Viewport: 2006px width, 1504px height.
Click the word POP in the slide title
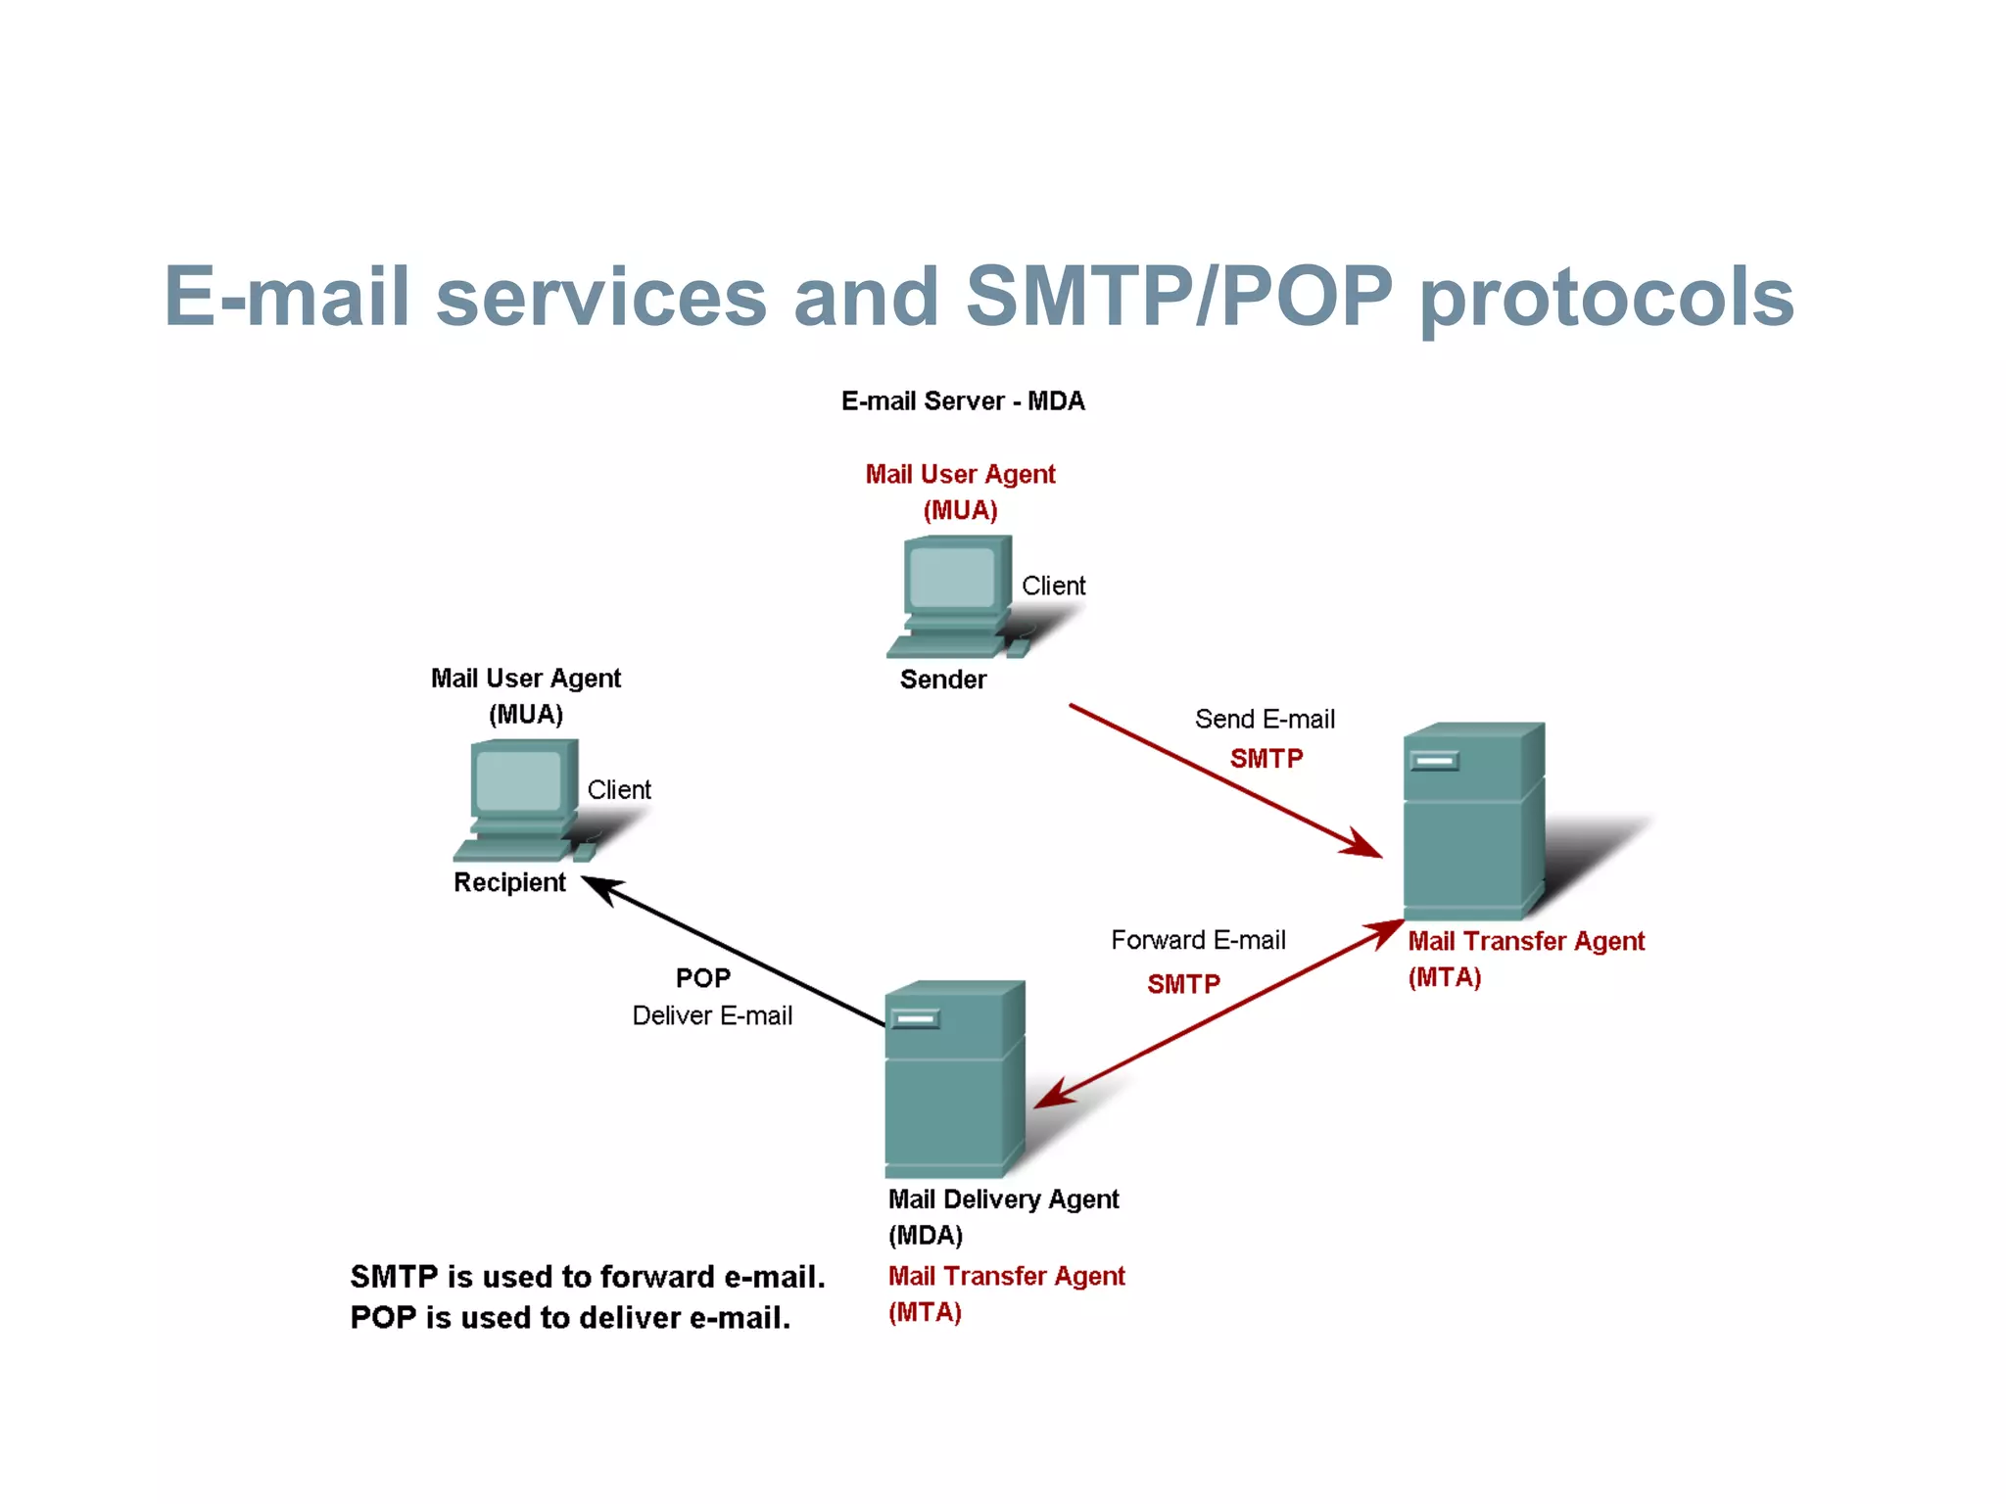pyautogui.click(x=1307, y=296)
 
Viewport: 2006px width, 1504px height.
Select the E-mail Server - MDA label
pyautogui.click(x=963, y=401)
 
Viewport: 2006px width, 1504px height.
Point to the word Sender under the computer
pyautogui.click(x=942, y=680)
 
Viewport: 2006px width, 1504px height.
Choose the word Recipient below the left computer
pyautogui.click(x=509, y=882)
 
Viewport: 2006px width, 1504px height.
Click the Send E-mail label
pyautogui.click(x=1265, y=720)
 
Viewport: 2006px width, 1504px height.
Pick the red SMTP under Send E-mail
pyautogui.click(x=1266, y=759)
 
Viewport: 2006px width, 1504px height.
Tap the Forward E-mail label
pyautogui.click(x=1198, y=940)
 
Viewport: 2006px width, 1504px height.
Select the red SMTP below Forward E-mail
pyautogui.click(x=1183, y=984)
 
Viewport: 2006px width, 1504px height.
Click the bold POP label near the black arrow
pyautogui.click(x=703, y=978)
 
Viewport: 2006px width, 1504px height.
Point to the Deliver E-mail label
pyautogui.click(x=712, y=1015)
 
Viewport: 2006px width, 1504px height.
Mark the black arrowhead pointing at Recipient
pyautogui.click(x=599, y=886)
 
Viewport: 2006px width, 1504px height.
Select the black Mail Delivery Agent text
pyautogui.click(x=1003, y=1199)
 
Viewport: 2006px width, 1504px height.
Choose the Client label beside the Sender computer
pyautogui.click(x=1053, y=586)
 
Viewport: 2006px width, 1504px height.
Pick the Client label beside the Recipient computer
pyautogui.click(x=619, y=790)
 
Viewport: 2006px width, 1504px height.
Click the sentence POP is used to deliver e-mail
pyautogui.click(x=570, y=1318)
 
